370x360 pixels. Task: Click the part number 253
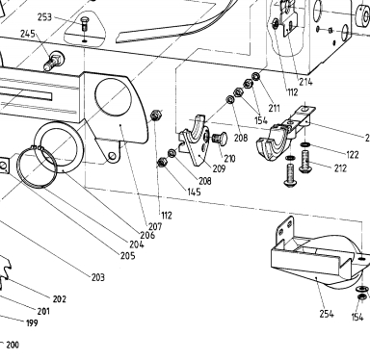(44, 17)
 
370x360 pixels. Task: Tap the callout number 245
(28, 34)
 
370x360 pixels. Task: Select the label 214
(305, 82)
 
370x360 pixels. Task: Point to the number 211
(274, 108)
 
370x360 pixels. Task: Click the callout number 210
(229, 159)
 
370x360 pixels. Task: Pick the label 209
(219, 168)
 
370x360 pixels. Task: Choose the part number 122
(353, 155)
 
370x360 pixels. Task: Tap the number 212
(340, 168)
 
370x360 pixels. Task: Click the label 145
(195, 192)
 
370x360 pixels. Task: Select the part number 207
(155, 227)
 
